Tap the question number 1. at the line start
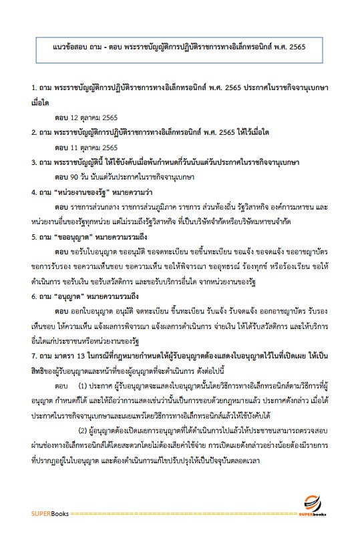(x=34, y=87)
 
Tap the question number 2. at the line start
(x=34, y=131)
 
